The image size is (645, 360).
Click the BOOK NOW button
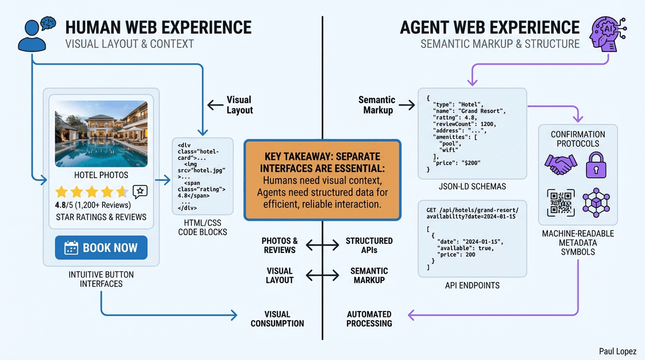(101, 248)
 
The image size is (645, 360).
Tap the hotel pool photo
(101, 133)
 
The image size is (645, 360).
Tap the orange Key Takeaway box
(322, 181)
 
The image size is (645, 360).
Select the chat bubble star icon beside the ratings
(140, 192)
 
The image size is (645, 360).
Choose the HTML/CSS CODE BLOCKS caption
(203, 227)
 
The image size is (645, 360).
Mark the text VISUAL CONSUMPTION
(277, 319)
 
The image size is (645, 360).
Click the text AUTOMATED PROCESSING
(369, 319)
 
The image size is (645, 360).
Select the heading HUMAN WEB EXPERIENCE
(158, 28)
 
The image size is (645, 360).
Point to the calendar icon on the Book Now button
(71, 248)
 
